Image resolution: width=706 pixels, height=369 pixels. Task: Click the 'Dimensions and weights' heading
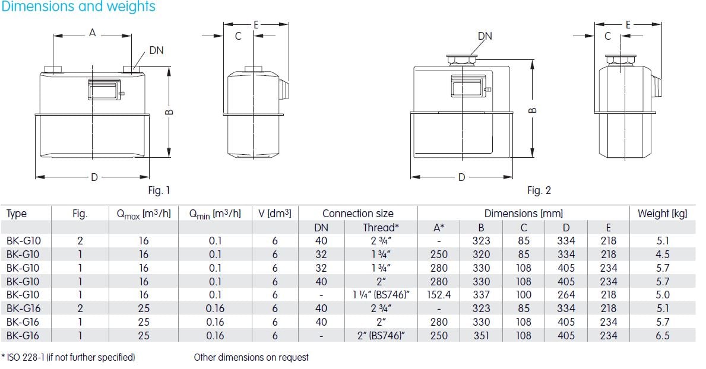click(78, 7)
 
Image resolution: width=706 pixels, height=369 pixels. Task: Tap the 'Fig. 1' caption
click(159, 190)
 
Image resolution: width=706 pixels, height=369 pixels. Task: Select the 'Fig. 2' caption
click(539, 190)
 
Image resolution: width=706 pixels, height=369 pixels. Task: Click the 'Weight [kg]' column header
click(662, 214)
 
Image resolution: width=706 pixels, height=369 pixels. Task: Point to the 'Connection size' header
click(357, 214)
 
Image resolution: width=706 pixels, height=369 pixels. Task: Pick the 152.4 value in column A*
click(439, 295)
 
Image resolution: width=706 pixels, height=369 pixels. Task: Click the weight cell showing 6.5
click(663, 336)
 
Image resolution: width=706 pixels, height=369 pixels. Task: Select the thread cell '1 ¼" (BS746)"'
click(379, 295)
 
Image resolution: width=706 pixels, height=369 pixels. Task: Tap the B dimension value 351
click(481, 336)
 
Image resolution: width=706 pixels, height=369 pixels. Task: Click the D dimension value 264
click(566, 295)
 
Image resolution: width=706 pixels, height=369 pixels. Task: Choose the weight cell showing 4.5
click(663, 255)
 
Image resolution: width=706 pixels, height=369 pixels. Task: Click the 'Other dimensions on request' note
click(251, 357)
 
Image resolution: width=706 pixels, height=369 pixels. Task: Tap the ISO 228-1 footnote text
click(69, 357)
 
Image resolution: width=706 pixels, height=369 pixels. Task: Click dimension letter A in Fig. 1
click(92, 33)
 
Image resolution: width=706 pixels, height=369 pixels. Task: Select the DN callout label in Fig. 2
click(485, 36)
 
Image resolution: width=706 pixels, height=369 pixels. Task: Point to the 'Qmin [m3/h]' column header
click(215, 214)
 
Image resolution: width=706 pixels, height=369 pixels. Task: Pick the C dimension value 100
click(524, 295)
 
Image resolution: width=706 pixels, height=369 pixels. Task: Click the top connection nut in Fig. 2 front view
click(460, 59)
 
